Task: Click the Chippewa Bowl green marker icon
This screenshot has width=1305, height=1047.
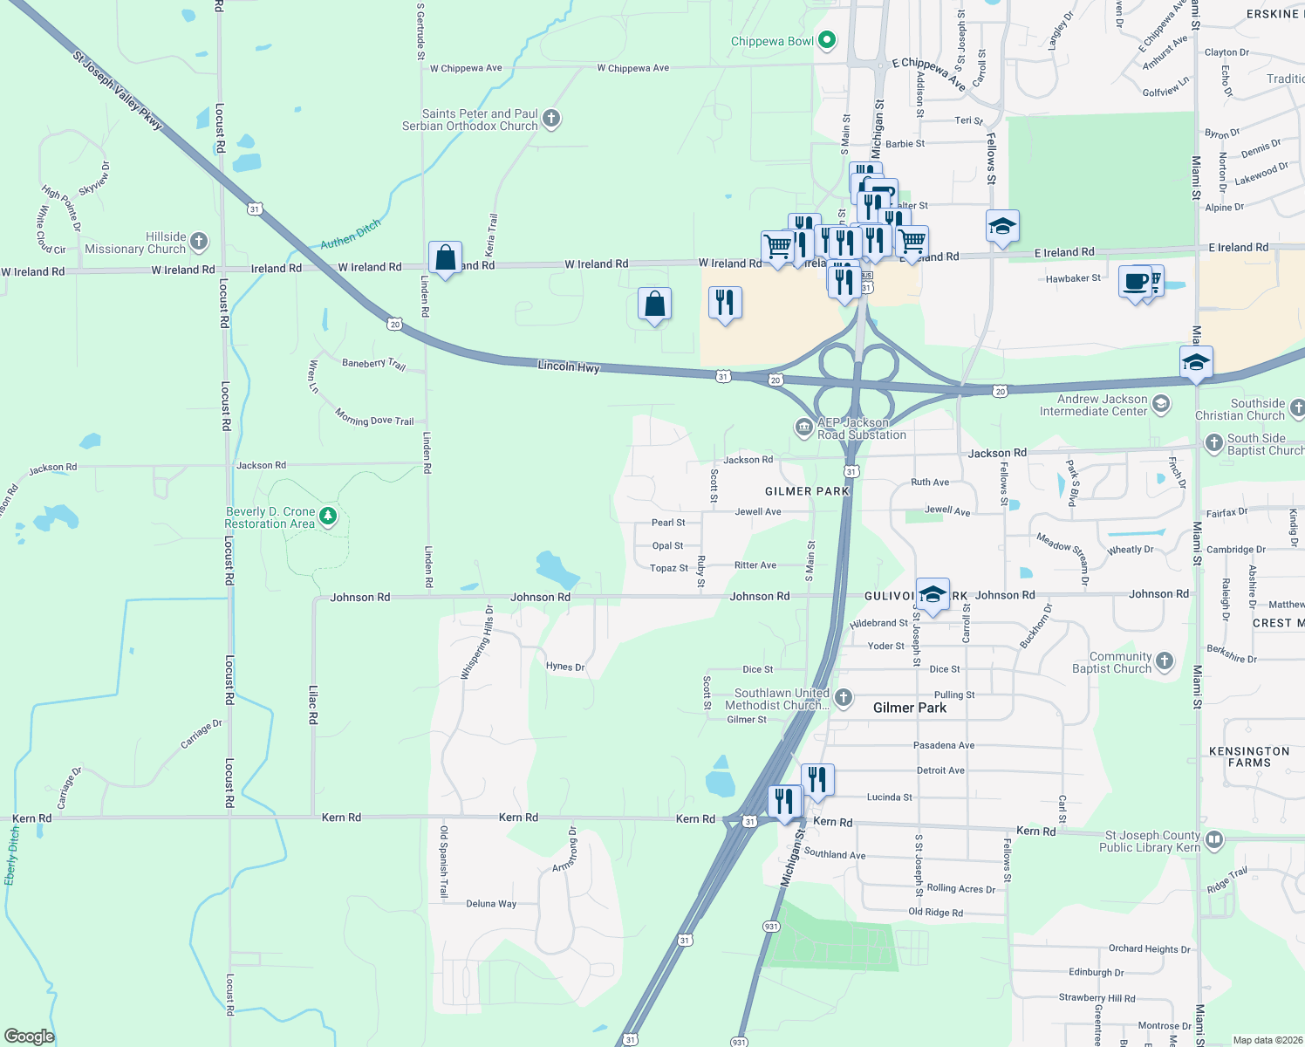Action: click(x=828, y=40)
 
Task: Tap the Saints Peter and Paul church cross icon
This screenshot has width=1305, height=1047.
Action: click(x=550, y=119)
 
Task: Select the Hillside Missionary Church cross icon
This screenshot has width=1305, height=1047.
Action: click(x=199, y=242)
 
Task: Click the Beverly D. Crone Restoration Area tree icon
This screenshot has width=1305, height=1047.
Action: click(x=328, y=517)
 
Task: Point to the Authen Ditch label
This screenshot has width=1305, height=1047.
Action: click(x=351, y=234)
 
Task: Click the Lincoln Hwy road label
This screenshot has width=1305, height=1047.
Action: click(x=569, y=366)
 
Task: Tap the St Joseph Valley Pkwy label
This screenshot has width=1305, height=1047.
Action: click(x=118, y=91)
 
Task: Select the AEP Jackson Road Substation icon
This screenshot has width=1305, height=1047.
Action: click(x=803, y=428)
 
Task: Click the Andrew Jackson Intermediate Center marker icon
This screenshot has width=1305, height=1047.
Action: click(x=1160, y=403)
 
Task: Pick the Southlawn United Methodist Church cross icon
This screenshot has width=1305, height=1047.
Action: click(x=843, y=697)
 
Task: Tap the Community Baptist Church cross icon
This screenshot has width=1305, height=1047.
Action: click(x=1165, y=661)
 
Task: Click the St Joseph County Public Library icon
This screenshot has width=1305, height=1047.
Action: click(x=1214, y=840)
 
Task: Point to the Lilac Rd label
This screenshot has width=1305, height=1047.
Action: click(x=313, y=704)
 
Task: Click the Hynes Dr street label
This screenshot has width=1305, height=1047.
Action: click(x=565, y=667)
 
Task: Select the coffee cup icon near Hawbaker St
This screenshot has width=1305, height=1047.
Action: click(x=1136, y=282)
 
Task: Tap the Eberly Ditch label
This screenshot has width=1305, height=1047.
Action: click(x=12, y=857)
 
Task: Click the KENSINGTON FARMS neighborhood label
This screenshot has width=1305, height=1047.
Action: click(x=1249, y=756)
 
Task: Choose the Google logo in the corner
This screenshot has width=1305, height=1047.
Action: click(x=29, y=1036)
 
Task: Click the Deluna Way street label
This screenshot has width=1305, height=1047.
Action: click(x=491, y=904)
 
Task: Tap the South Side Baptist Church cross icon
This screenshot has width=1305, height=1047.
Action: click(x=1213, y=443)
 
